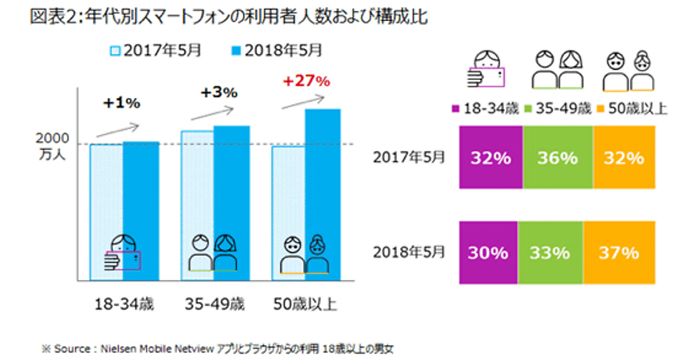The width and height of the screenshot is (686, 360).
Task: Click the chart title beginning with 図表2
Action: pyautogui.click(x=229, y=17)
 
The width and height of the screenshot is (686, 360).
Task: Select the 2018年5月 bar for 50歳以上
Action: pyautogui.click(x=322, y=194)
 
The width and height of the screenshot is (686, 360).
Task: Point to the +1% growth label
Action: pyautogui.click(x=121, y=103)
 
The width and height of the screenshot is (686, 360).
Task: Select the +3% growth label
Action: pyautogui.click(x=218, y=92)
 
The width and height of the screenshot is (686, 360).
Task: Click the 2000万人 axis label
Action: pyautogui.click(x=52, y=146)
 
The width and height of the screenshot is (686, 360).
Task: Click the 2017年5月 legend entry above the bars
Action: pyautogui.click(x=154, y=51)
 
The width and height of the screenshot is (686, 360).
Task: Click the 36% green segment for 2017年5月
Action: pyautogui.click(x=557, y=158)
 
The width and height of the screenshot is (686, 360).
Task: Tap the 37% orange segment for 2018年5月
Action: pyautogui.click(x=619, y=252)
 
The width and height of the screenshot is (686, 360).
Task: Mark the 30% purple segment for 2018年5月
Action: pyautogui.click(x=488, y=252)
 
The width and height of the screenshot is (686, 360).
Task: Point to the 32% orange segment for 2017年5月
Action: pyautogui.click(x=624, y=158)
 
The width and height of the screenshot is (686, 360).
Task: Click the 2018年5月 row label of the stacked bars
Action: pyautogui.click(x=408, y=251)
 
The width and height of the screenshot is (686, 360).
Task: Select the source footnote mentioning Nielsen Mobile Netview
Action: pyautogui.click(x=217, y=347)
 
